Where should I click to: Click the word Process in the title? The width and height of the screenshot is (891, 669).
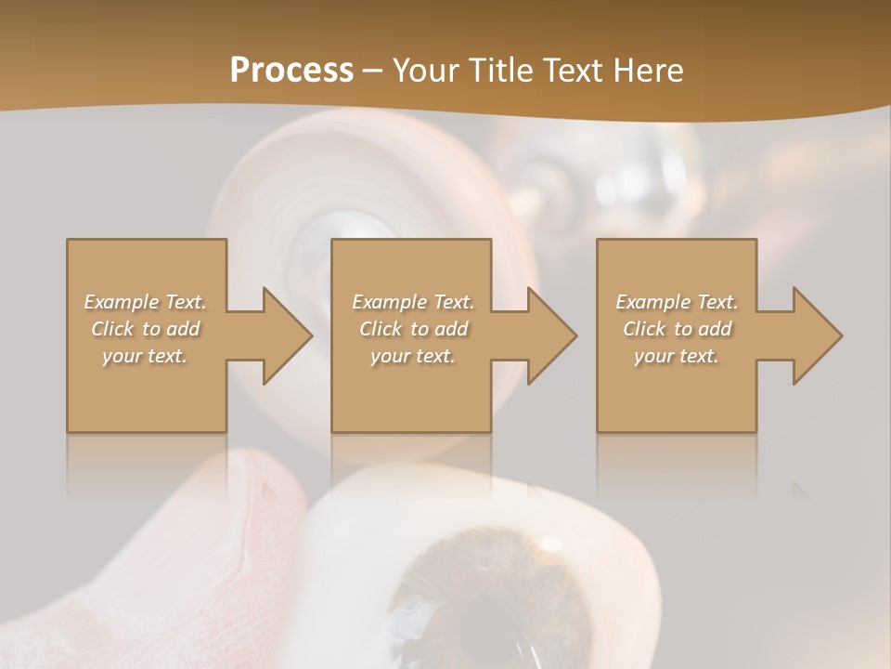(x=291, y=70)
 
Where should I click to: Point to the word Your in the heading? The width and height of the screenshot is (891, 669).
(x=425, y=70)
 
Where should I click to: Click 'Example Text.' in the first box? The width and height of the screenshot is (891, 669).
(x=146, y=302)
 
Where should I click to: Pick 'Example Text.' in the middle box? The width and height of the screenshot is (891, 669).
(x=413, y=302)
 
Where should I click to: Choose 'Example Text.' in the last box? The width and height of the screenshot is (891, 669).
(x=677, y=302)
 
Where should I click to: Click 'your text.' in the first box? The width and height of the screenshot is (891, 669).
(x=145, y=356)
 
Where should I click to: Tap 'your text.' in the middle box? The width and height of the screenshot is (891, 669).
(x=413, y=356)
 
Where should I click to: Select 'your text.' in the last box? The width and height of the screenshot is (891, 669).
(x=677, y=356)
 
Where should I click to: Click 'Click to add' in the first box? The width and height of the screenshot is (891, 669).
(x=146, y=329)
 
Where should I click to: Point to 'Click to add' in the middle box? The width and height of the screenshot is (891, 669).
(x=413, y=329)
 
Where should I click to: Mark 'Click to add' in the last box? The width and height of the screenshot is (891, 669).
(x=677, y=329)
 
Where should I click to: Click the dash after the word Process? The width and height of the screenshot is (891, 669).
(x=372, y=71)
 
